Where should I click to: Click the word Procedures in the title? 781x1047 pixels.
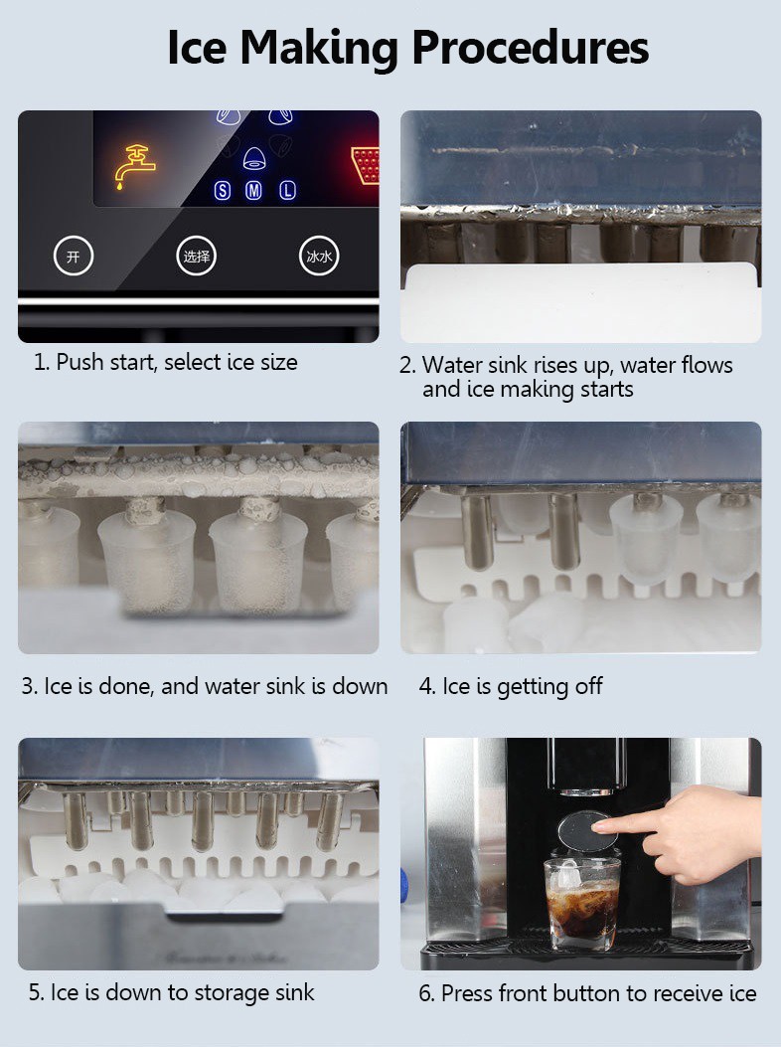point(530,47)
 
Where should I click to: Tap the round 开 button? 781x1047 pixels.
point(73,257)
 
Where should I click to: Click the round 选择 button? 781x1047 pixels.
point(196,257)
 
